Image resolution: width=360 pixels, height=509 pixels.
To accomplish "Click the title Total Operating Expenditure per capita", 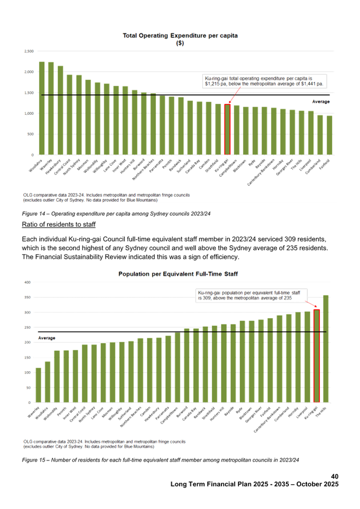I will [x=180, y=36].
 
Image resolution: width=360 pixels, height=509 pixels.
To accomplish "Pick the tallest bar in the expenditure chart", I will [x=42, y=107].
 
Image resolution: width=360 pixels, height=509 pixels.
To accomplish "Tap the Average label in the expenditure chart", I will [x=321, y=102].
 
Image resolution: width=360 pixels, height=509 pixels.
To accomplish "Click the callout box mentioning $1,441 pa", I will [x=263, y=81].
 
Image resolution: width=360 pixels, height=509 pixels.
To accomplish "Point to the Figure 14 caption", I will [x=116, y=214].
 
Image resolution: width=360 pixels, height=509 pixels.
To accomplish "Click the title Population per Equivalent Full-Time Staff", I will [x=178, y=274].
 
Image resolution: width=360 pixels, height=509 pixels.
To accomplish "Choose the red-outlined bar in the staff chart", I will [x=316, y=355].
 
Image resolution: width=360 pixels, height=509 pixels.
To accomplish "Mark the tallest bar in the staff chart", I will [x=326, y=348].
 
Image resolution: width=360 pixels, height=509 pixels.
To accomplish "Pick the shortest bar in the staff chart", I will [x=38, y=385].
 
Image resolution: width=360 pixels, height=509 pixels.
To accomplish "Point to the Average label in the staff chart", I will [x=46, y=338].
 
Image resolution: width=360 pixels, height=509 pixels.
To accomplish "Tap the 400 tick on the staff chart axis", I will [x=27, y=282].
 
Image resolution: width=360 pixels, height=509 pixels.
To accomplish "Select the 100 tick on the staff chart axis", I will [x=27, y=373].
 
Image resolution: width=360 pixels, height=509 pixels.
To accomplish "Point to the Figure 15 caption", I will [x=160, y=459].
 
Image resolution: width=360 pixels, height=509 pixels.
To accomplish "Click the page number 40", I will [x=334, y=477].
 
